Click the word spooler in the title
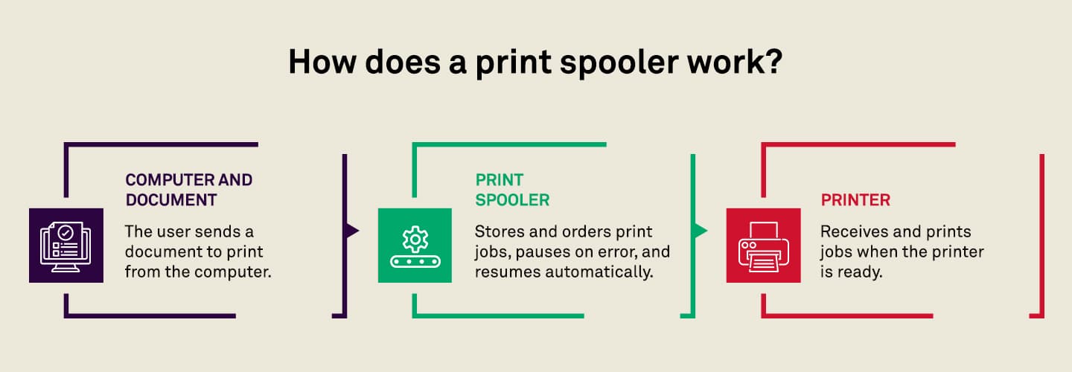point(619,63)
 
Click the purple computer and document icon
point(66,246)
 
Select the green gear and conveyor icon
point(415,246)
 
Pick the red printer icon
point(763,246)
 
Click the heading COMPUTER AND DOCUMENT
point(189,190)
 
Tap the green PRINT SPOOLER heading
point(512,190)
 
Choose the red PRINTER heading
point(855,200)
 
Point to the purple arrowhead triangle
point(352,231)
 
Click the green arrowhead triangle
point(701,231)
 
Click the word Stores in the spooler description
point(500,232)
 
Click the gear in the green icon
point(415,239)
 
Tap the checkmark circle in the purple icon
point(66,233)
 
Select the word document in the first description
point(156,252)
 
